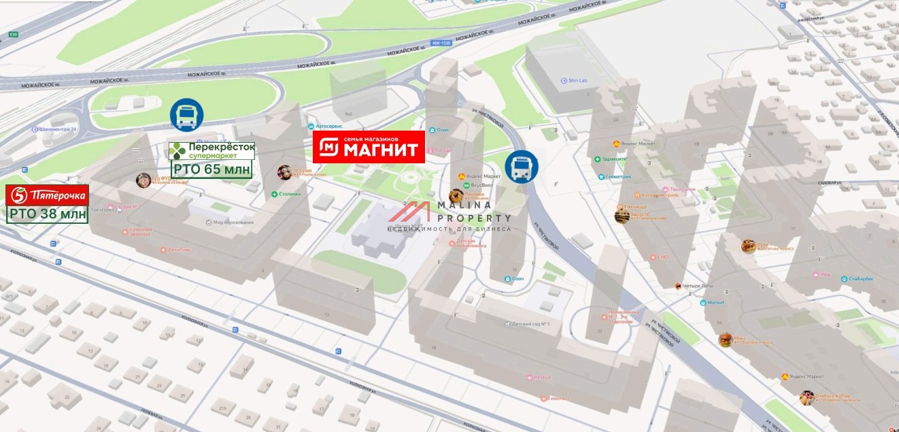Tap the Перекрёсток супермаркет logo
pyautogui.click(x=211, y=151)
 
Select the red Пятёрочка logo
pyautogui.click(x=47, y=195)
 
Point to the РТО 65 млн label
pyautogui.click(x=211, y=169)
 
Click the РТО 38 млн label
pyautogui.click(x=48, y=215)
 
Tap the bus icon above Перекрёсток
pyautogui.click(x=186, y=115)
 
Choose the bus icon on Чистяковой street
pyautogui.click(x=522, y=167)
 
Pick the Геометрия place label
pyautogui.click(x=615, y=177)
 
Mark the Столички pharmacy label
pyautogui.click(x=290, y=195)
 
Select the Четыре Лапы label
pyautogui.click(x=698, y=286)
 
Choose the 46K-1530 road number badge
pyautogui.click(x=441, y=42)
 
